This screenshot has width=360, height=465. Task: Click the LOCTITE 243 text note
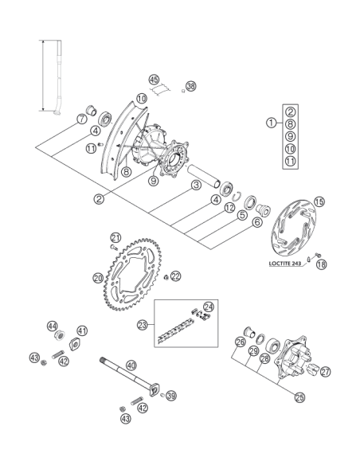point(285,263)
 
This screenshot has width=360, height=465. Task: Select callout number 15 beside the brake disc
point(319,201)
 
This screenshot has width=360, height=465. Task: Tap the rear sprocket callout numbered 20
point(98,278)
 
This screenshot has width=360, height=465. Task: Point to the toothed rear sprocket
point(132,274)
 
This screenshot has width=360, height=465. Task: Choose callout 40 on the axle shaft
point(131,365)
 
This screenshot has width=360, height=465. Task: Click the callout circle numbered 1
point(272,123)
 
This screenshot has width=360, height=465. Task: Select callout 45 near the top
point(154,80)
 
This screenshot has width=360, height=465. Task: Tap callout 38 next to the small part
point(191,86)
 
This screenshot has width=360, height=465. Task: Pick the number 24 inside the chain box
point(209,307)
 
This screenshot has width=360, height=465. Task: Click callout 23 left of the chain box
point(143,325)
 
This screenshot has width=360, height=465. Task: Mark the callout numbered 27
point(326,372)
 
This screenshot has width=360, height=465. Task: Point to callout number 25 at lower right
point(299,397)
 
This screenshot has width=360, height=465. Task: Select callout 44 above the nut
point(53,326)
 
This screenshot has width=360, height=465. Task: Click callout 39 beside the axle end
point(170,396)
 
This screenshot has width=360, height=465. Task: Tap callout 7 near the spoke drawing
point(81,119)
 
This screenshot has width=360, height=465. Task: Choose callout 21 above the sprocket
point(116,237)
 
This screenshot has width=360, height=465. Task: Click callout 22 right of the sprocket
point(175,276)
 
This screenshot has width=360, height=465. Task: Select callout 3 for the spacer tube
point(196,186)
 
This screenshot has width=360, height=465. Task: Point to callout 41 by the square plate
point(82,330)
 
